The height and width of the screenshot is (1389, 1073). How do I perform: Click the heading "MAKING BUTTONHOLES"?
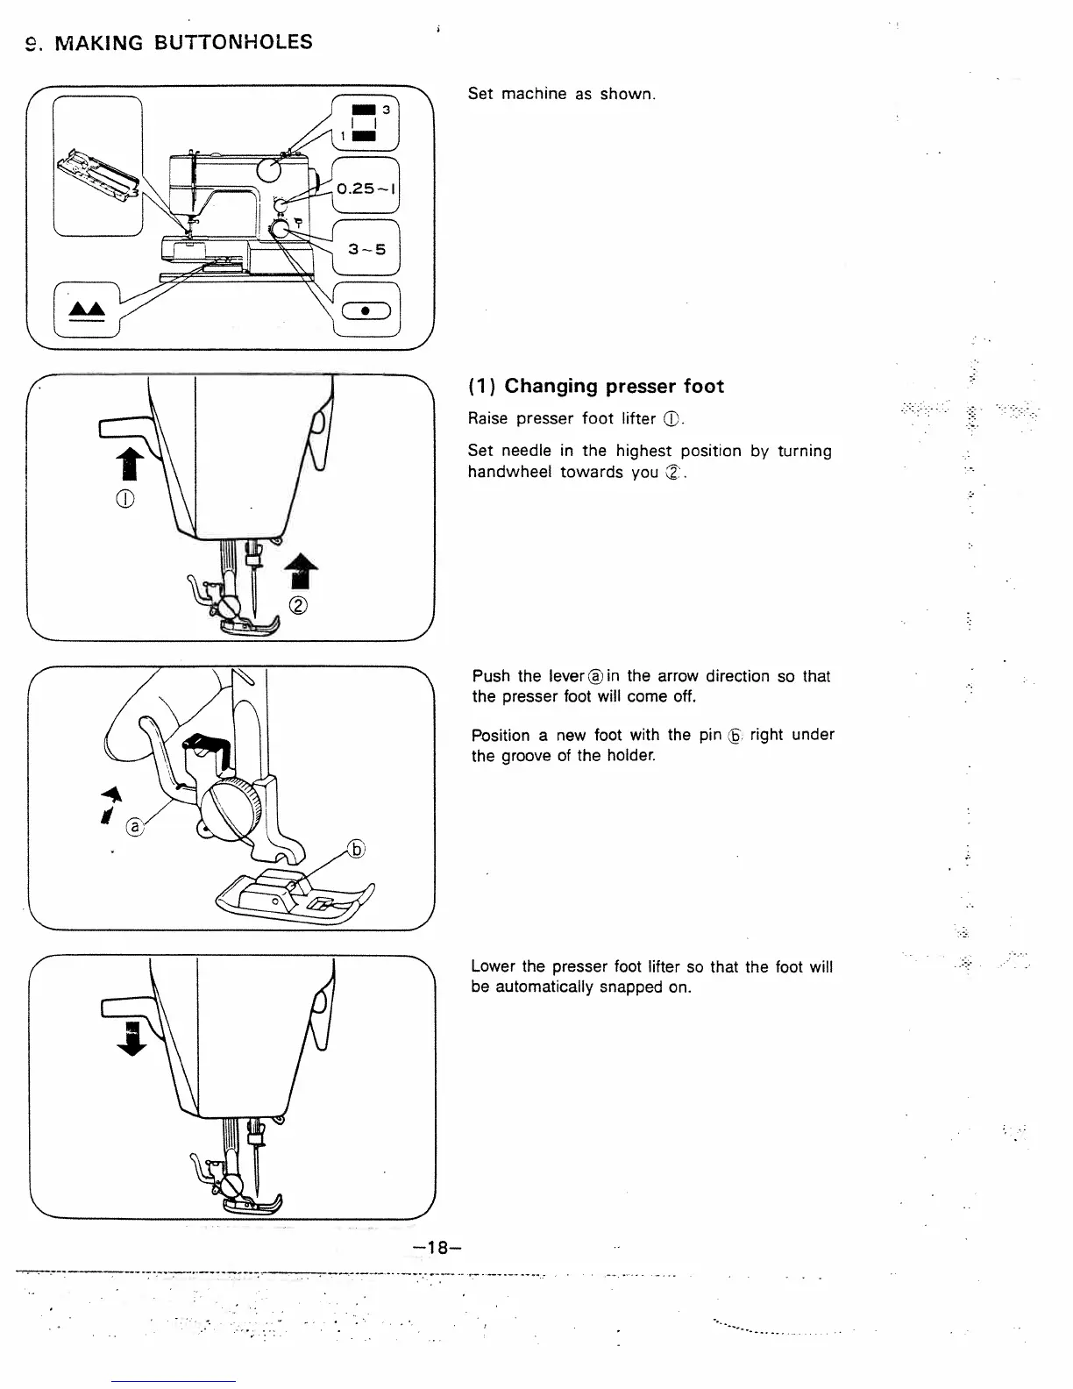tap(183, 42)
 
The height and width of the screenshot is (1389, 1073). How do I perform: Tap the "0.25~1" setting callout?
tap(366, 188)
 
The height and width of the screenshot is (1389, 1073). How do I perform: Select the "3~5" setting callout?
tap(366, 249)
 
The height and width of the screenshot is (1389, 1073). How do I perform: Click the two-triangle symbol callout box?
tap(87, 310)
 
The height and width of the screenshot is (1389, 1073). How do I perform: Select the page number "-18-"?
tap(437, 1247)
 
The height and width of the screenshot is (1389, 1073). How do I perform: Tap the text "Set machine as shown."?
tap(561, 94)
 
